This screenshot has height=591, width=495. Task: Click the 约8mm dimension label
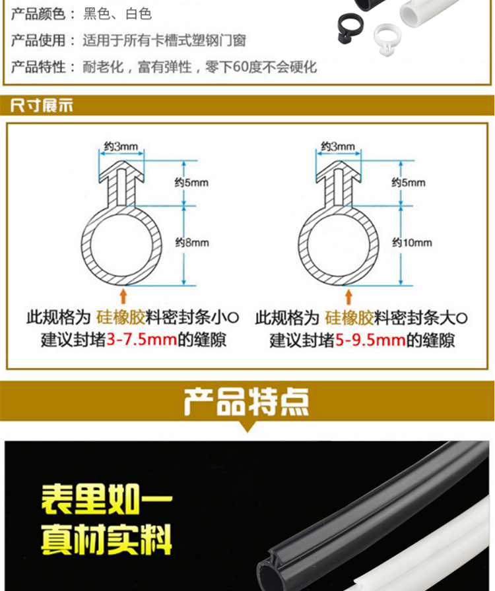pos(192,242)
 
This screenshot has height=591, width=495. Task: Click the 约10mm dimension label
pos(412,242)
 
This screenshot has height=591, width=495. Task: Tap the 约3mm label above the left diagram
pos(121,146)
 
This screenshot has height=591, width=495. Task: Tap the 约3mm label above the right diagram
pos(338,146)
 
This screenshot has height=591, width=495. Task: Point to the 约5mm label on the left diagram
pos(191,183)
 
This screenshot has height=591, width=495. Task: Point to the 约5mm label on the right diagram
pos(409,183)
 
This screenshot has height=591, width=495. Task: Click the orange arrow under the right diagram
pos(348,297)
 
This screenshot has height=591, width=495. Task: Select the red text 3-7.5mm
pos(142,340)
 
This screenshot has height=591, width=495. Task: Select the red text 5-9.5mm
pos(370,340)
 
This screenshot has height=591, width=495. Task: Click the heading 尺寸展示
pos(42,105)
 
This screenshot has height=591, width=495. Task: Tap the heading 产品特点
pos(247,402)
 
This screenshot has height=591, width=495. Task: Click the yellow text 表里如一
pos(107,499)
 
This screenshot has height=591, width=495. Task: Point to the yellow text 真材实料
pos(106,540)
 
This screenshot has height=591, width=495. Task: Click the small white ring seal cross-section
pos(387,38)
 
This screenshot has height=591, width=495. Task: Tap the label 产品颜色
pos(38,14)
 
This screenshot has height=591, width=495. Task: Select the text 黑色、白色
pos(117,14)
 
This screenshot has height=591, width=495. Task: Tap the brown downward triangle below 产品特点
pos(247,427)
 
